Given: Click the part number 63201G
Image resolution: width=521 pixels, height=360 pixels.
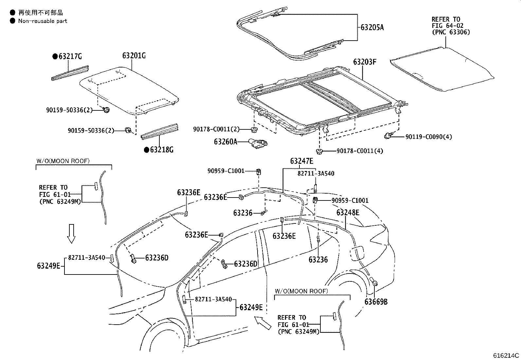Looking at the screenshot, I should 134,56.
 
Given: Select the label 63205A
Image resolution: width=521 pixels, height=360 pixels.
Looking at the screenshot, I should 372,28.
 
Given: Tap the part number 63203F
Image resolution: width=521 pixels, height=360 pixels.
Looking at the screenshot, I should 365,62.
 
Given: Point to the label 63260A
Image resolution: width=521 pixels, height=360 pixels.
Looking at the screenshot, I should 225,142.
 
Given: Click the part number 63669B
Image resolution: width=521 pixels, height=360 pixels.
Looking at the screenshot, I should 376,302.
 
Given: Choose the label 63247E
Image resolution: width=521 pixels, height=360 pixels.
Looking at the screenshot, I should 301,161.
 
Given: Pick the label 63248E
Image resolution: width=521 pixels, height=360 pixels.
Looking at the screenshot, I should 348,213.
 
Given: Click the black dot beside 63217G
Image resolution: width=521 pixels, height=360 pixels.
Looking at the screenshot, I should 55,57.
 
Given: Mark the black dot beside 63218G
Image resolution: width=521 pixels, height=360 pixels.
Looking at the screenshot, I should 147,150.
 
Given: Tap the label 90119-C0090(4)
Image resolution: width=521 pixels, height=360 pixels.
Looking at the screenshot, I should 429,137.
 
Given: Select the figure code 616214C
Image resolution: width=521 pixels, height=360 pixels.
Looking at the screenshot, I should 506,355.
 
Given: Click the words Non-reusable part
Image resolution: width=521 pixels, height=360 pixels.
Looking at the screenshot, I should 43,21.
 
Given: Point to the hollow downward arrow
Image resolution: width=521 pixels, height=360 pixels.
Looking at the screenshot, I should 71,234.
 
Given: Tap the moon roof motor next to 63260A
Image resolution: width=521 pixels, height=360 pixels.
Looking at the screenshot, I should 259,143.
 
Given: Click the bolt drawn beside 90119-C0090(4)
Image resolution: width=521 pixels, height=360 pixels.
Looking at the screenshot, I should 388,135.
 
